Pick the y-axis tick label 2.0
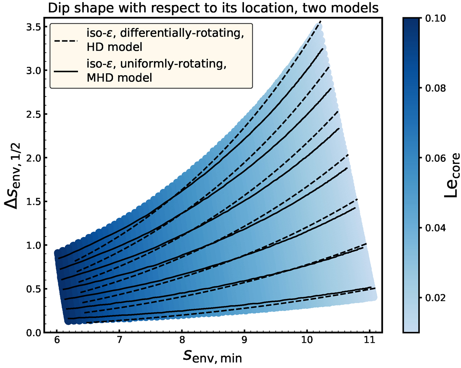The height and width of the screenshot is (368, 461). tap(34, 158)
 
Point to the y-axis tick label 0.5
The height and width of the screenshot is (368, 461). tap(34, 289)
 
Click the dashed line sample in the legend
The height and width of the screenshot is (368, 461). tap(66, 40)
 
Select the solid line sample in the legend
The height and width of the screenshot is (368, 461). tap(66, 71)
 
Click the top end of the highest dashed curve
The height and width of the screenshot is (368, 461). tap(320, 23)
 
